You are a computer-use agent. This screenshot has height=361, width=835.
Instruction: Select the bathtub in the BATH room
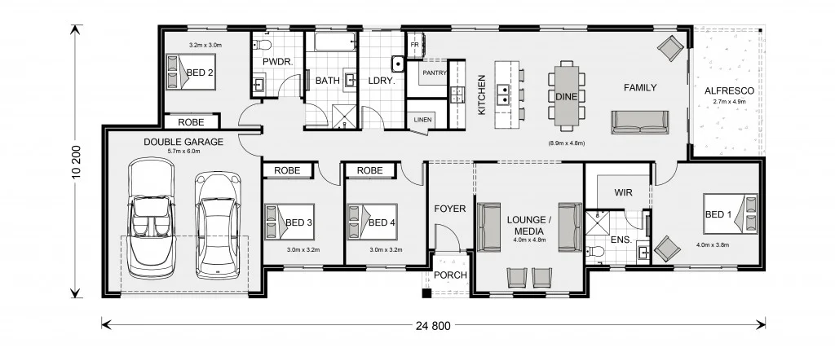332,44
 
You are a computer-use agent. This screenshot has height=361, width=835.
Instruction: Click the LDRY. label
381,81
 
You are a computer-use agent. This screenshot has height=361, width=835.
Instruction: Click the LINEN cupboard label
422,120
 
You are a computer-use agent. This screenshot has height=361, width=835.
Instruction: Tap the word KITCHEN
482,95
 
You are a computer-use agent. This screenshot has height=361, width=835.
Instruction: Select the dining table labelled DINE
566,96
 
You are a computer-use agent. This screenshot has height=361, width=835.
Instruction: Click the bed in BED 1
732,215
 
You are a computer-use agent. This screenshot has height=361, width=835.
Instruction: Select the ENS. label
621,240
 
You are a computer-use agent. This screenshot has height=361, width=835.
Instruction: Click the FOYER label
449,209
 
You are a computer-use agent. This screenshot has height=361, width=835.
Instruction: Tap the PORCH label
449,275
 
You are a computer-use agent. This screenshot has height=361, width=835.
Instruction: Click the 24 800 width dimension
432,326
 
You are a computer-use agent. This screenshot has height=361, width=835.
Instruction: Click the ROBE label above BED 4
370,170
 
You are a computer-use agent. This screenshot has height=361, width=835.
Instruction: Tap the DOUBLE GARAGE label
183,141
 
